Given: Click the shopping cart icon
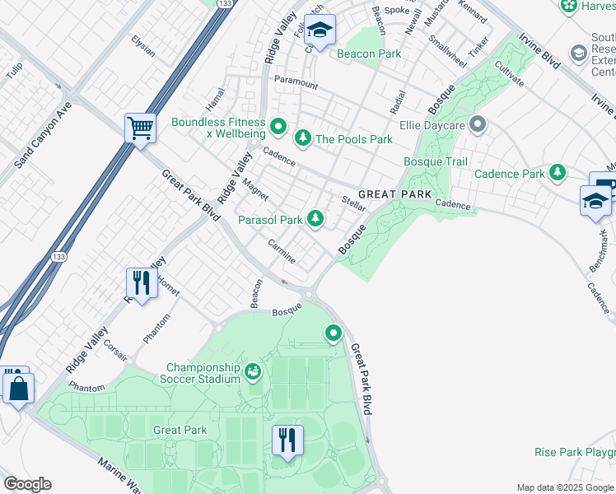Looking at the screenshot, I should click(140, 128).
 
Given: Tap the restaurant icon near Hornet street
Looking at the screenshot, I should click(141, 283).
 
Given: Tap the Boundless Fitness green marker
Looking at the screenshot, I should click(278, 128).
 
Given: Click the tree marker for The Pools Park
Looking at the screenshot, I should click(303, 138).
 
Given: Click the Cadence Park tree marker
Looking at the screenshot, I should click(558, 173).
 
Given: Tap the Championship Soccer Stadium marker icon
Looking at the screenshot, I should click(254, 374).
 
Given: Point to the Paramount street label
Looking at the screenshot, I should click(296, 82).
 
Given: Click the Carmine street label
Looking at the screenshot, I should click(282, 252).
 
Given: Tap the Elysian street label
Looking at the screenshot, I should click(143, 45).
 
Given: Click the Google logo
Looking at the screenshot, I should click(27, 484).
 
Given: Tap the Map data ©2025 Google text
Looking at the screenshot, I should click(564, 487).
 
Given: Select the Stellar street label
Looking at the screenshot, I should click(353, 203).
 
